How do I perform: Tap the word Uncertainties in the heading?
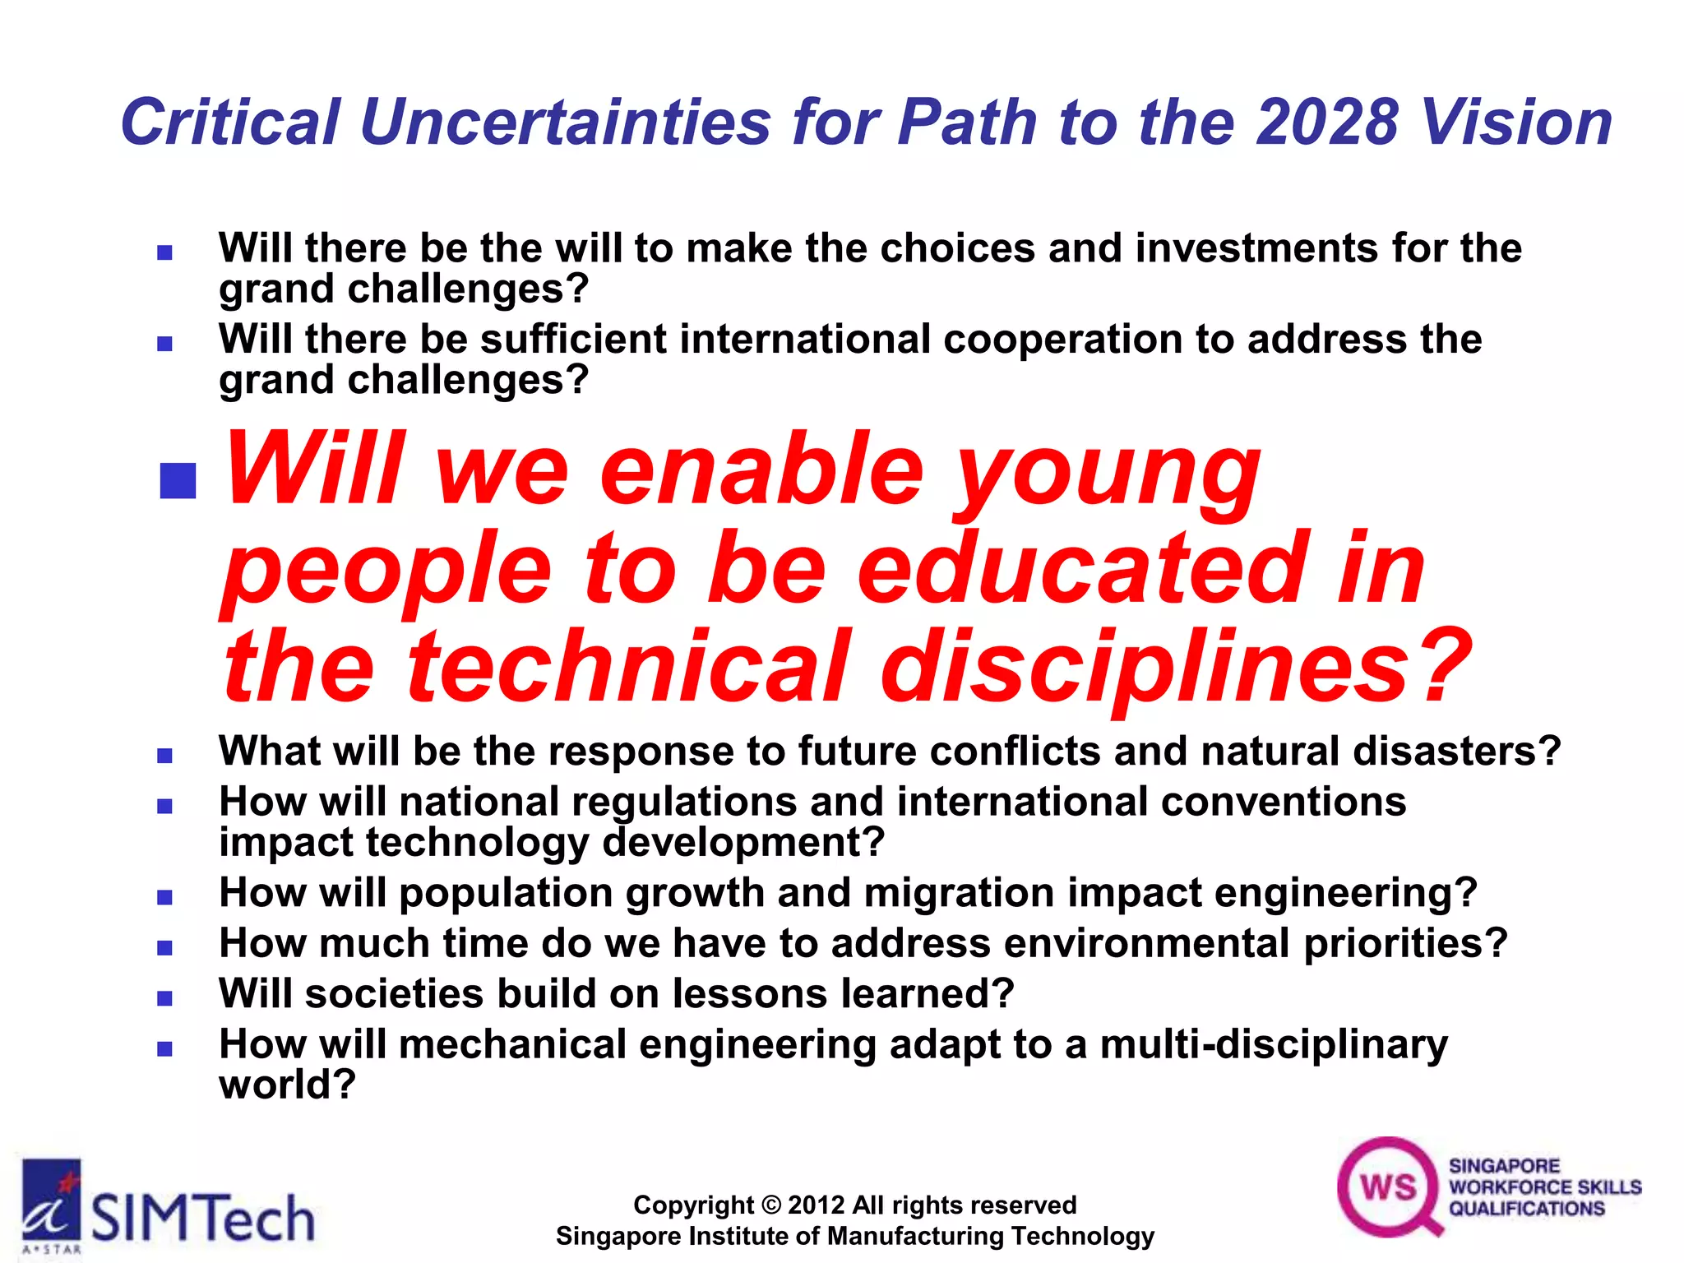[565, 123]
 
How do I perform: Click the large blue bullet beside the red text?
[178, 480]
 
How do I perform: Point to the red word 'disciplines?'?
[1176, 666]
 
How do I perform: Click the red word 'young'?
[1106, 473]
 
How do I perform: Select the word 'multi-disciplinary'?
[1274, 1044]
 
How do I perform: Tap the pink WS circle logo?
[1388, 1187]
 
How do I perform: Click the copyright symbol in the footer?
[770, 1205]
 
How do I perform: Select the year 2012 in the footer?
[817, 1205]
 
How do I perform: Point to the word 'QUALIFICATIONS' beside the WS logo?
[1526, 1209]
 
